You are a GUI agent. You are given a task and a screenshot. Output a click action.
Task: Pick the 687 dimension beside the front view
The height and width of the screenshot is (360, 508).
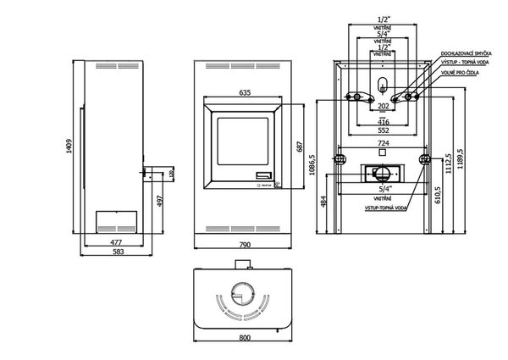click(297, 146)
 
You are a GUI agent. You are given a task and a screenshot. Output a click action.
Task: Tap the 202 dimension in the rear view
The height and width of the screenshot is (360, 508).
click(383, 106)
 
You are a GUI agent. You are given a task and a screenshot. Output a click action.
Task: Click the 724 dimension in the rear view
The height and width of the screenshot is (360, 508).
click(383, 144)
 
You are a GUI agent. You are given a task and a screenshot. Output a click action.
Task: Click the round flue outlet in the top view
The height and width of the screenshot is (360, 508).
click(243, 297)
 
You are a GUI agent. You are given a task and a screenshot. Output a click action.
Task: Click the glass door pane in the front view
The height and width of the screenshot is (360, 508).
click(243, 146)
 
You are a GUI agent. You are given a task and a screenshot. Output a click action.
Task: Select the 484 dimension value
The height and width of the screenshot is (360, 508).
click(323, 201)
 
